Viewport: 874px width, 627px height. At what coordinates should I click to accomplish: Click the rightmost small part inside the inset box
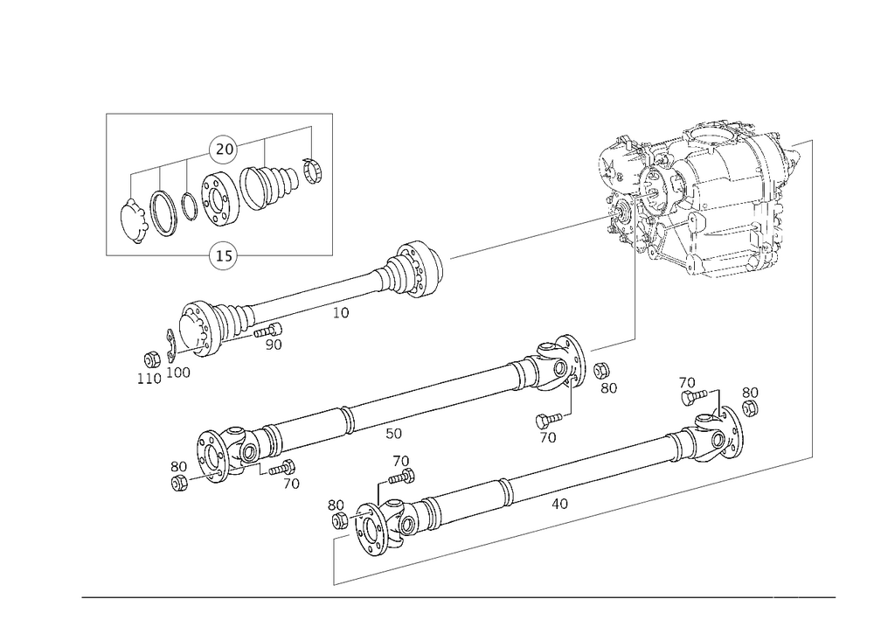[308, 166]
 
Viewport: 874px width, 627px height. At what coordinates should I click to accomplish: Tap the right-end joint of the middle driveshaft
[551, 367]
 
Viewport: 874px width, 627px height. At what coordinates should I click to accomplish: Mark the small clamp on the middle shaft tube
[347, 421]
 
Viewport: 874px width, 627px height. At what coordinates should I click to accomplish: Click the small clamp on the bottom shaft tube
[505, 491]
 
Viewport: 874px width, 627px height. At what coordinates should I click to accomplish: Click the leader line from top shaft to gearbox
[524, 238]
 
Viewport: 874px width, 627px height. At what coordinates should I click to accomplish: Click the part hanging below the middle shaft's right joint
[549, 425]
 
